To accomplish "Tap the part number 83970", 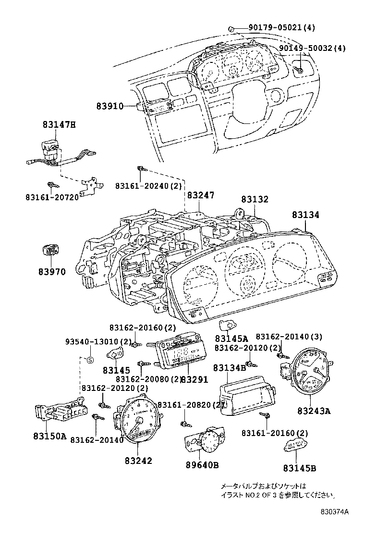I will [52, 272].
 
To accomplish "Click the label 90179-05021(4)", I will [282, 28].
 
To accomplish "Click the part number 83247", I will [201, 195].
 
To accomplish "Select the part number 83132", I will [255, 199].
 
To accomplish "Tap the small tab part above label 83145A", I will [226, 325].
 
